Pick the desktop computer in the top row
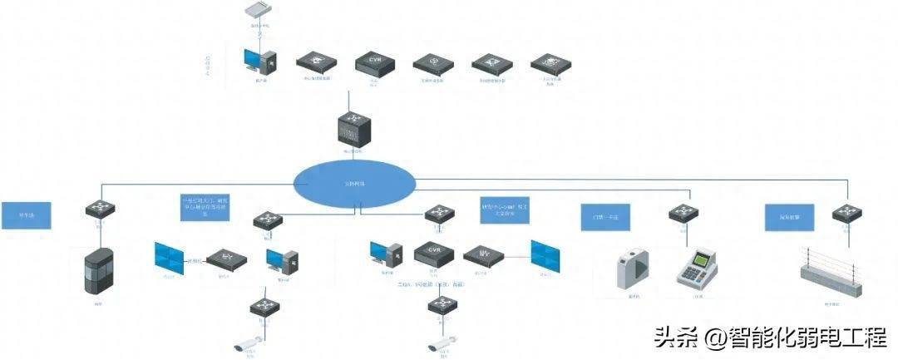(x=260, y=62)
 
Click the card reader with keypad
(x=697, y=268)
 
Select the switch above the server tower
(x=98, y=210)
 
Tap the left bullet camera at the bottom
(x=247, y=341)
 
